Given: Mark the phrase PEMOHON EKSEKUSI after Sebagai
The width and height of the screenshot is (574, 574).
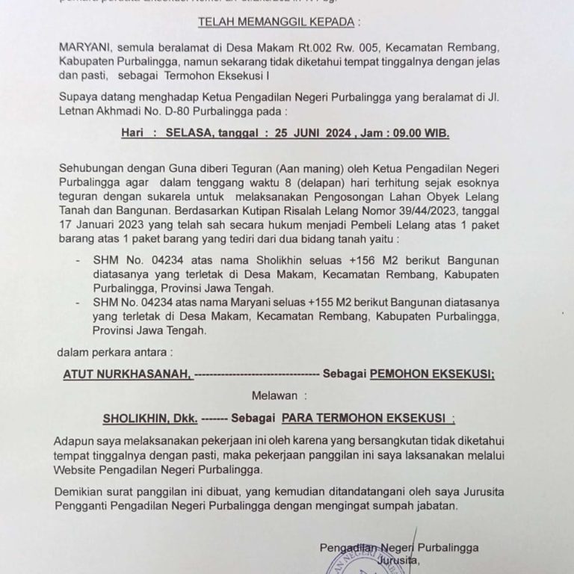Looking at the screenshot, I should click(432, 373).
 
